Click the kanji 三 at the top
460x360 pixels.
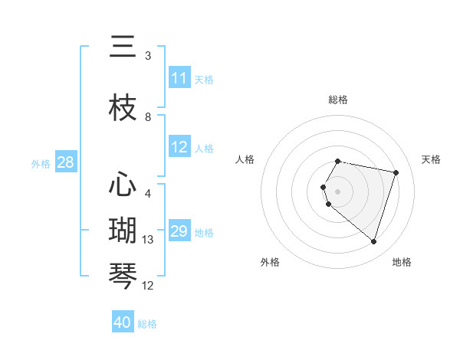coord(123,47)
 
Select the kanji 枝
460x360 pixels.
coord(123,108)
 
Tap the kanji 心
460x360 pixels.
coord(123,185)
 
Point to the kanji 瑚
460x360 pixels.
coord(123,231)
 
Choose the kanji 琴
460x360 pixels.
coord(123,277)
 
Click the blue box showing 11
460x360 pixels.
coord(179,78)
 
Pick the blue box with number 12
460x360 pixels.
coord(179,148)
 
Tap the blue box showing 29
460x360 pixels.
coord(179,231)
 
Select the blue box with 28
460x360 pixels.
coord(65,162)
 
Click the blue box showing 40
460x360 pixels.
coord(123,322)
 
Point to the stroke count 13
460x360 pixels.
coord(149,240)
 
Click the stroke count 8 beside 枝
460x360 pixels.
coord(148,117)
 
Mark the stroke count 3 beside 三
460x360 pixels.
coord(148,56)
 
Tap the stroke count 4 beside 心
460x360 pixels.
coord(148,194)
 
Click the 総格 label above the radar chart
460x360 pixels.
coord(338,100)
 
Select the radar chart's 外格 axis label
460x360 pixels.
coord(270,262)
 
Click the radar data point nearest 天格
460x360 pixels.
coord(396,172)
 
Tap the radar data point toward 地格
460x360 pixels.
coord(373,241)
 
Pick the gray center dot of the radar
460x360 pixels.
coord(338,191)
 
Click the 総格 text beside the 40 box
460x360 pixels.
coord(147,324)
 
